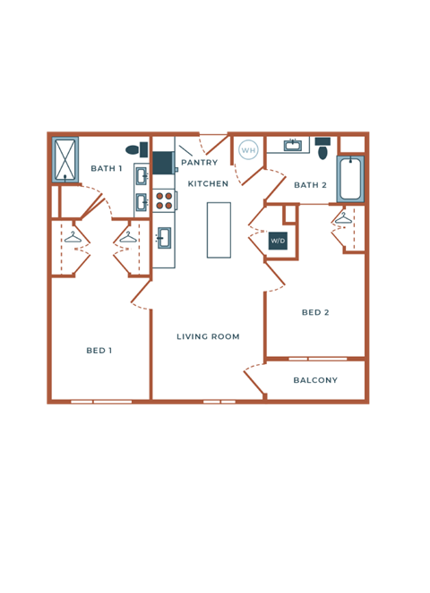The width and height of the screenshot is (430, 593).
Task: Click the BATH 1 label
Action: click(106, 168)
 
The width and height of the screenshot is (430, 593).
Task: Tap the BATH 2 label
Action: click(310, 185)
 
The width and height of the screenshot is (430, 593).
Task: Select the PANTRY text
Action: click(199, 163)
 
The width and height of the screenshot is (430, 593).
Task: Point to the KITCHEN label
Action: click(208, 183)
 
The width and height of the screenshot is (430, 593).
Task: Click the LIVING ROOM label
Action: click(208, 336)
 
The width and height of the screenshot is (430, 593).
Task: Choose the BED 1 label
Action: click(99, 350)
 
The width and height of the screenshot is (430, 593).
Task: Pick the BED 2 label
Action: click(315, 312)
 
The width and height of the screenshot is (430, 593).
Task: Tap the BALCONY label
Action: click(315, 380)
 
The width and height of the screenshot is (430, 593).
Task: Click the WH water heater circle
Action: click(248, 150)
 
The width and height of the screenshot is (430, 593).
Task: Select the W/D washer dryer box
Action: click(278, 241)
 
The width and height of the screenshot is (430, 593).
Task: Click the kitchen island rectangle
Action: click(219, 230)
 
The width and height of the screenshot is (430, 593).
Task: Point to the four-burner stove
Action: click(164, 200)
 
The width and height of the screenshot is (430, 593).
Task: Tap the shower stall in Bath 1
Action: click(65, 160)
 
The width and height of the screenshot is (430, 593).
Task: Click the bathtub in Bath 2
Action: click(349, 179)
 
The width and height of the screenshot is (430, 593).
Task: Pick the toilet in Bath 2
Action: click(322, 148)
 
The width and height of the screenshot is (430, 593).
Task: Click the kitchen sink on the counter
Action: click(163, 237)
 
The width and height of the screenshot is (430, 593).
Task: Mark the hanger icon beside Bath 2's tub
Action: click(343, 217)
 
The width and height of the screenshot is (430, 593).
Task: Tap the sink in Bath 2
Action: click(292, 145)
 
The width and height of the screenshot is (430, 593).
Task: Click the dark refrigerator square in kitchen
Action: click(162, 163)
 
